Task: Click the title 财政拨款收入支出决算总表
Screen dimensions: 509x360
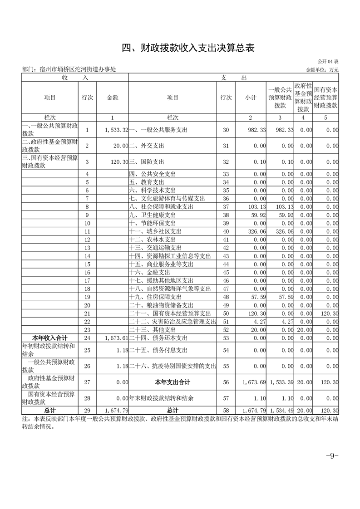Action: [x=180, y=48]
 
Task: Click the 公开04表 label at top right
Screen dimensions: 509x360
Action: [x=328, y=61]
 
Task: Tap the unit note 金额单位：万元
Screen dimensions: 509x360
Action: [x=322, y=70]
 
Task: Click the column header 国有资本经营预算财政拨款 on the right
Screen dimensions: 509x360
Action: [x=325, y=98]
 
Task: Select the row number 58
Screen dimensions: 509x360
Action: [x=226, y=411]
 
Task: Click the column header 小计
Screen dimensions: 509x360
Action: [x=251, y=98]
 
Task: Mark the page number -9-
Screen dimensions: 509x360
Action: [x=332, y=456]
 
